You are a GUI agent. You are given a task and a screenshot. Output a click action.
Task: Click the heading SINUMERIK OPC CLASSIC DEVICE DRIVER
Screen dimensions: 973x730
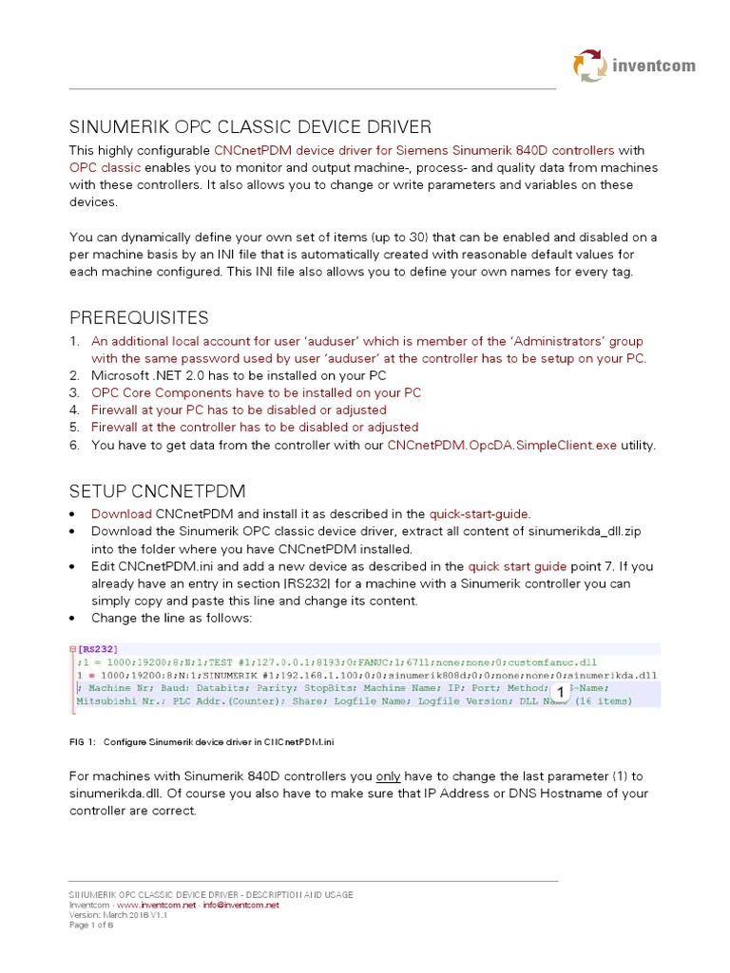[250, 126]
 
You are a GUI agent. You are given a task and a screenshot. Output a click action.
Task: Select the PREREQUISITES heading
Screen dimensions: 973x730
[139, 316]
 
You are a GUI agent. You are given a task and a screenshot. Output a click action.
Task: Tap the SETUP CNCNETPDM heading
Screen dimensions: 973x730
[157, 490]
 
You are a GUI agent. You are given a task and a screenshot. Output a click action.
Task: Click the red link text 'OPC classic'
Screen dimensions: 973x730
[105, 167]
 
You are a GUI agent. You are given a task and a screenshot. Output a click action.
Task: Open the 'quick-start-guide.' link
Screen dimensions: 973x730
[479, 513]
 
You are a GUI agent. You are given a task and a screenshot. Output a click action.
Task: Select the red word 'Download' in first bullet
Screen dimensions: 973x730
[121, 513]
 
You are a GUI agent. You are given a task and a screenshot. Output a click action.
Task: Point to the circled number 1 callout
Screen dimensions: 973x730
[561, 692]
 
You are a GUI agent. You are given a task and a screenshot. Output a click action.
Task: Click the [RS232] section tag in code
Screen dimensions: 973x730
[99, 649]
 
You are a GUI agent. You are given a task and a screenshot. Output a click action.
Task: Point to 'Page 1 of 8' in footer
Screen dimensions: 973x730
[91, 925]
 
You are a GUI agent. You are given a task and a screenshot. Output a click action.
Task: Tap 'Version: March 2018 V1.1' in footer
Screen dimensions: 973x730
[112, 915]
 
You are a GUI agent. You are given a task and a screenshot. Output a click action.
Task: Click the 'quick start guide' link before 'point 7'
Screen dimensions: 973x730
[517, 565]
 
